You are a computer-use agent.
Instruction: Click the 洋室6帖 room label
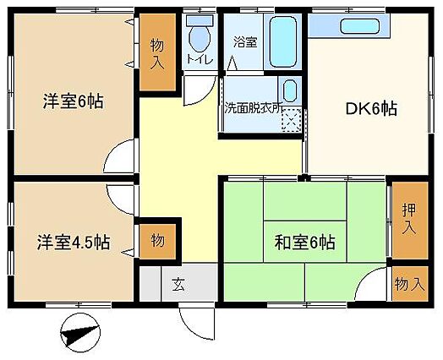[74, 101]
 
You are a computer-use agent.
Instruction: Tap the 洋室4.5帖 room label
[74, 243]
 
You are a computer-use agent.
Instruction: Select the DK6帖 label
[372, 109]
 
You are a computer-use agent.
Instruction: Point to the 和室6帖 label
[305, 243]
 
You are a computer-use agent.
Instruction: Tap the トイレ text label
[200, 59]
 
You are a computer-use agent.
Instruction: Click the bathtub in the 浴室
[283, 41]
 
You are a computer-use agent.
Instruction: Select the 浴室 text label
[245, 42]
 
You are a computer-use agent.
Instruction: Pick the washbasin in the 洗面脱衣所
[290, 90]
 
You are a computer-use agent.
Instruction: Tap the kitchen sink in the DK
[359, 26]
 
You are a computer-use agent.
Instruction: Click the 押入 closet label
[409, 219]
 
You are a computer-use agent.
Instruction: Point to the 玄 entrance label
[179, 284]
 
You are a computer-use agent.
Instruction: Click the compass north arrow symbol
[80, 332]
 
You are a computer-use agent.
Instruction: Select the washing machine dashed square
[292, 120]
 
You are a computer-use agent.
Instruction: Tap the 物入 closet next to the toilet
[157, 52]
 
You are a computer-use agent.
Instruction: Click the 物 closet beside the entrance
[157, 241]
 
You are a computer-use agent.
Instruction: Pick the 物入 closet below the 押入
[410, 283]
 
